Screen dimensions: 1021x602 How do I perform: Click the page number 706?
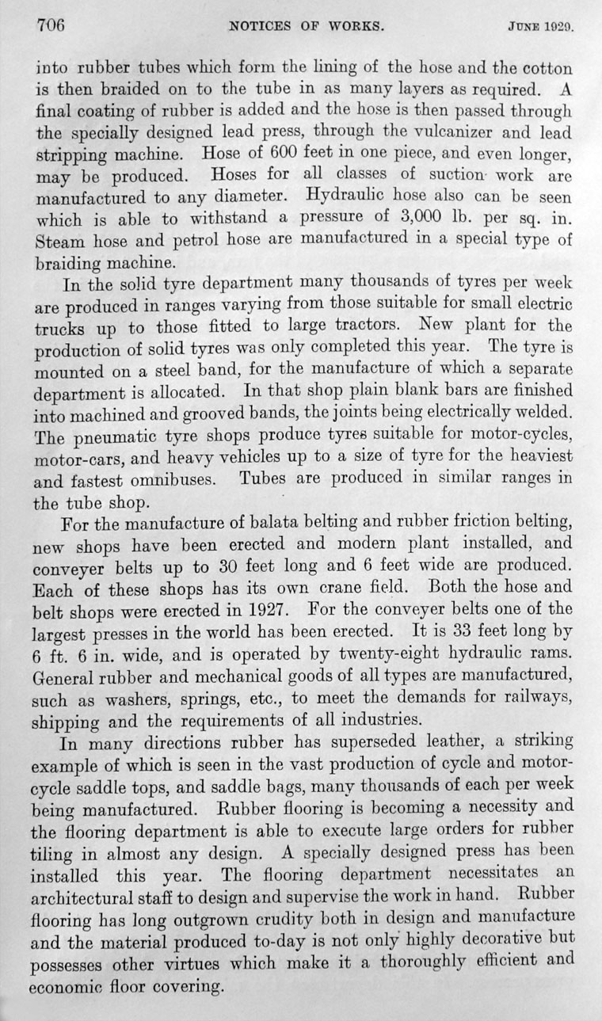[50, 24]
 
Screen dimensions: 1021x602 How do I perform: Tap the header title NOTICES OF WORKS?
[307, 25]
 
